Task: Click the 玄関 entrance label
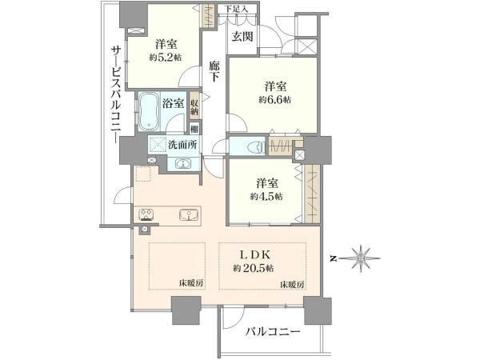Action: tap(242, 37)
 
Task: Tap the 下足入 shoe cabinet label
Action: tap(237, 9)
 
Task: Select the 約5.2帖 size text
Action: tap(166, 57)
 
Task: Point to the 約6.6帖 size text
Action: tap(274, 100)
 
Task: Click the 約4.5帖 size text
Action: tap(266, 196)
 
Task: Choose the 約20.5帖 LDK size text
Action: tap(254, 269)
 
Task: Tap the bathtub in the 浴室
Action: tap(149, 112)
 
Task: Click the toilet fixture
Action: tap(255, 147)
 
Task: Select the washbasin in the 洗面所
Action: tap(183, 163)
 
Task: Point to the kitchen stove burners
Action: tap(146, 214)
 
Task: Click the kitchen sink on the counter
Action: tap(188, 214)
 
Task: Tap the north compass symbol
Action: tap(362, 258)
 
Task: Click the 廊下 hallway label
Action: tap(214, 72)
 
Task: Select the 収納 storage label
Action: tap(194, 107)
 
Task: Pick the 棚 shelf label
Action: tap(194, 129)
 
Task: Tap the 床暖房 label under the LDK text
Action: tap(293, 284)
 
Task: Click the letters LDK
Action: tap(254, 254)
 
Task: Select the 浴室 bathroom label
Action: tap(173, 103)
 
